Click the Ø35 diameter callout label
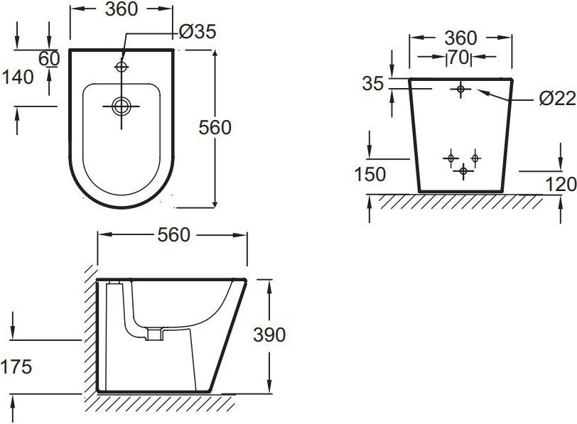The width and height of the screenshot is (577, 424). coord(198,32)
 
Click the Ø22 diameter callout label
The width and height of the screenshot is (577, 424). coord(558,98)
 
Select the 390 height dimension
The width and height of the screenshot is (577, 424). coord(269,335)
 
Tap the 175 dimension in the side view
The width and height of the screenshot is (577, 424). coord(16,366)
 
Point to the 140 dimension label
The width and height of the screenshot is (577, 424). coord(18,77)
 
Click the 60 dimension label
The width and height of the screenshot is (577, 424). coord(49,58)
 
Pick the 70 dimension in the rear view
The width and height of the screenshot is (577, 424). coord(458,57)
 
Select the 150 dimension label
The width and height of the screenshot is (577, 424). coord(370,174)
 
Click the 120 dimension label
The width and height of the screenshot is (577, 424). coord(561,184)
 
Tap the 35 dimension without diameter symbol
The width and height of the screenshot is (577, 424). coord(373,84)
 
